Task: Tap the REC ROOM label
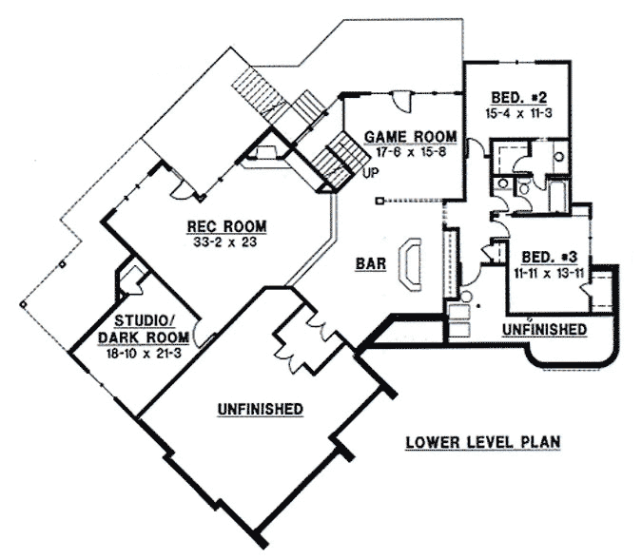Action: pos(225,226)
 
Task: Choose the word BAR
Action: pos(371,265)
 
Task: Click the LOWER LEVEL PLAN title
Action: pos(481,442)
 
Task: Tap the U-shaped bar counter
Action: pos(412,264)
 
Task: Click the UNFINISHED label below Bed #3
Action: pos(544,329)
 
